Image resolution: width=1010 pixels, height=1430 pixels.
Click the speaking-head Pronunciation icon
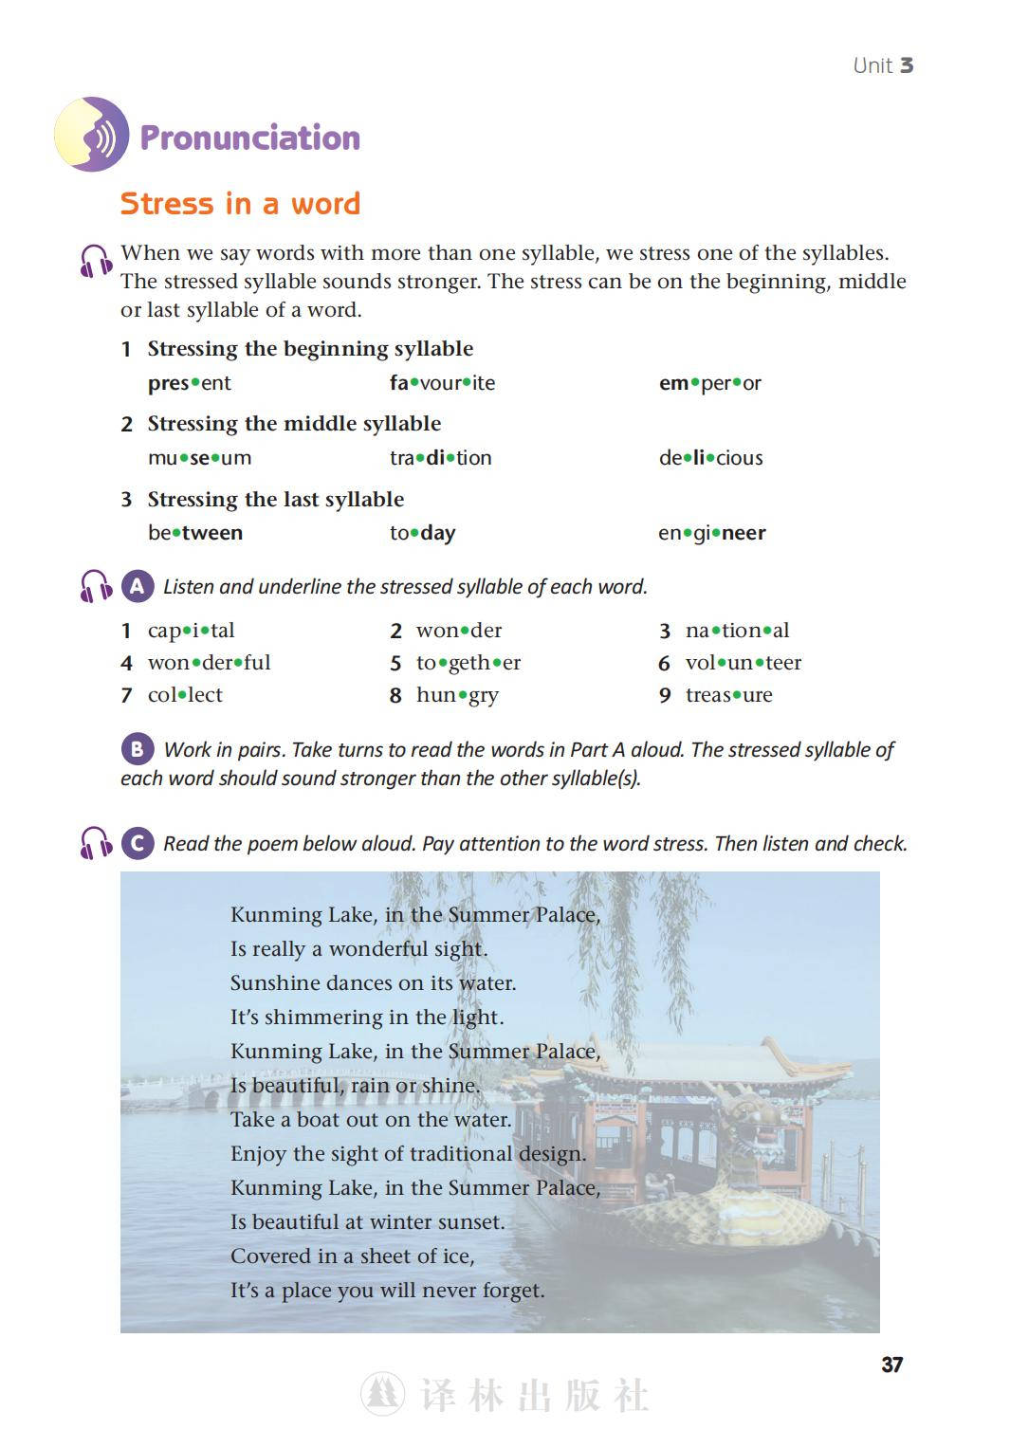click(91, 135)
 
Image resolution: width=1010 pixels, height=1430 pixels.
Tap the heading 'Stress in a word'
click(240, 204)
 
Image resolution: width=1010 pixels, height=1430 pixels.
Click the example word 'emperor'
click(709, 383)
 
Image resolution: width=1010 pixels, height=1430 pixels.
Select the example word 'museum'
click(199, 458)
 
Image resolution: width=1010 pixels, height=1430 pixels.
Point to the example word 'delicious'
click(710, 458)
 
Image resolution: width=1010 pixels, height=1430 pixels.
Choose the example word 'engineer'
click(711, 533)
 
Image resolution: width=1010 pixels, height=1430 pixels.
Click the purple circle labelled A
click(138, 587)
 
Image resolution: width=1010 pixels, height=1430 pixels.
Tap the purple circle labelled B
click(138, 750)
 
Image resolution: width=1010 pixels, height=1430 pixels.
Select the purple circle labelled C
click(138, 843)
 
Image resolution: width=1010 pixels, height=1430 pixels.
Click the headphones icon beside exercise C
click(96, 843)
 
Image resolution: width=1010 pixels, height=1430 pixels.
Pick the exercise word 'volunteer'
click(743, 663)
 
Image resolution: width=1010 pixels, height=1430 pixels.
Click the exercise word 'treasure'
click(728, 695)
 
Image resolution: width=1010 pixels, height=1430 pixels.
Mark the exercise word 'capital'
click(191, 631)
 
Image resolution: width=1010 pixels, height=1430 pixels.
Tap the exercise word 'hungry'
click(457, 695)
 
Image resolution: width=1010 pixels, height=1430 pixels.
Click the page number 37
click(891, 1365)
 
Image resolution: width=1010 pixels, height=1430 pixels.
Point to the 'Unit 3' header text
click(882, 65)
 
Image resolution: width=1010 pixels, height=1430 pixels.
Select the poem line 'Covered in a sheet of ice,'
click(352, 1256)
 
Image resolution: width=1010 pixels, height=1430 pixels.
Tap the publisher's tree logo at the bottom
click(383, 1394)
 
